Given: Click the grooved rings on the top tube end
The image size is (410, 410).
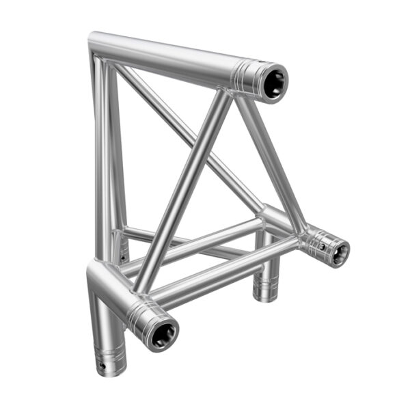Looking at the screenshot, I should (x=245, y=72).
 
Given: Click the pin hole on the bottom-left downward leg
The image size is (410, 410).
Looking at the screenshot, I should (x=103, y=367).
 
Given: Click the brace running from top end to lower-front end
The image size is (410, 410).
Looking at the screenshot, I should (x=181, y=191).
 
